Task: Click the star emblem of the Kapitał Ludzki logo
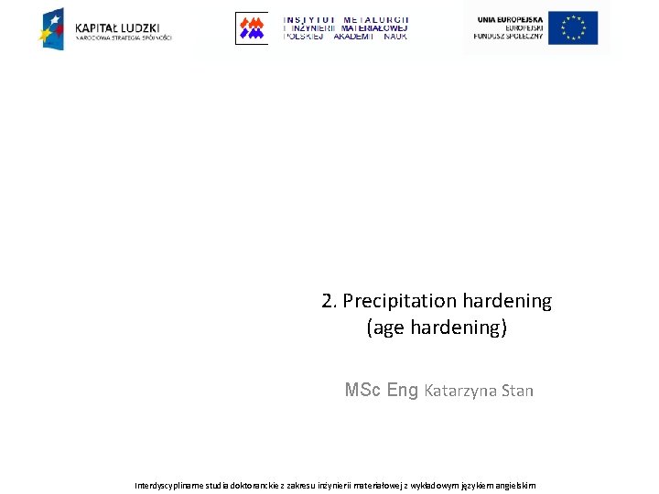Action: (x=51, y=27)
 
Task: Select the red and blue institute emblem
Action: (x=251, y=27)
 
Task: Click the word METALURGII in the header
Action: (x=375, y=19)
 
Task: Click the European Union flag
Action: (x=573, y=27)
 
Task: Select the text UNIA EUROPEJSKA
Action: (x=510, y=19)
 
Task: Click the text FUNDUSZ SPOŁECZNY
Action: (x=508, y=37)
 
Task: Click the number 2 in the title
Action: (x=328, y=301)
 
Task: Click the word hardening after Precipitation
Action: (x=507, y=301)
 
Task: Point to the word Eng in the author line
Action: (x=403, y=391)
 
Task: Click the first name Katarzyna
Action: (x=460, y=391)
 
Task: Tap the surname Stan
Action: (x=517, y=391)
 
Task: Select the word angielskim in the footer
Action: (x=515, y=485)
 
